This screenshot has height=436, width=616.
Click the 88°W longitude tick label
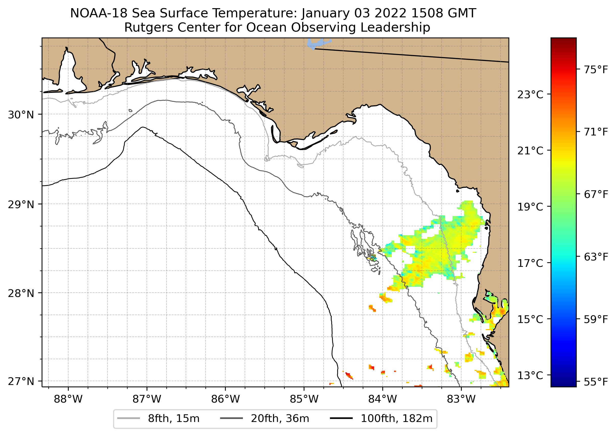[x=68, y=399]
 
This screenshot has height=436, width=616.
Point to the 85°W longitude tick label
[x=304, y=399]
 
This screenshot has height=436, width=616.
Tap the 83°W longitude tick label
[x=461, y=399]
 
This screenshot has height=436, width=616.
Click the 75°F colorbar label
[x=596, y=70]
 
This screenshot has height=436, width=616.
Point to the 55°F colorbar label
[x=596, y=382]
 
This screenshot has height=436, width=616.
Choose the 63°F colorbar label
[x=596, y=257]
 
